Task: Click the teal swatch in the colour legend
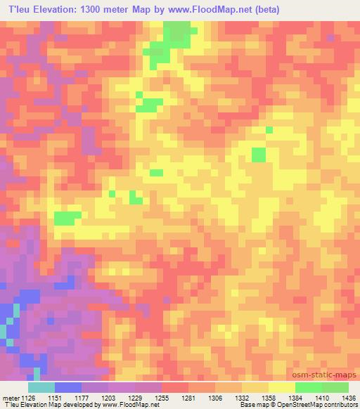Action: pos(41,387)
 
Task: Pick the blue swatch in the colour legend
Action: pos(68,387)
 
